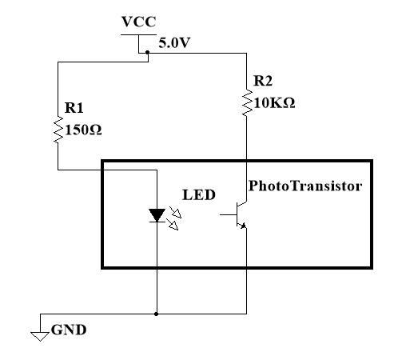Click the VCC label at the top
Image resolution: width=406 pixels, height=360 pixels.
coord(138,22)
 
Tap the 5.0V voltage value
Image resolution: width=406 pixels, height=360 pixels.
coord(174,43)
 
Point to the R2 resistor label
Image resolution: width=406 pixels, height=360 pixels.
coord(263,81)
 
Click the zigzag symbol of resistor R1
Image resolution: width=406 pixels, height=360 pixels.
coord(58,130)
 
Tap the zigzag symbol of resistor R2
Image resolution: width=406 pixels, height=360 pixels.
coord(246,103)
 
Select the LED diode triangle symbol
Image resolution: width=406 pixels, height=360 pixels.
coord(157,214)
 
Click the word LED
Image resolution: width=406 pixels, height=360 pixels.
coord(198,194)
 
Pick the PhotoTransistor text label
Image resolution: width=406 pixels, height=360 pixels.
coord(305,186)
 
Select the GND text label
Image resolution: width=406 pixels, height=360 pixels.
coord(69,330)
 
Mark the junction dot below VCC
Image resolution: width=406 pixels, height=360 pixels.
coord(148,53)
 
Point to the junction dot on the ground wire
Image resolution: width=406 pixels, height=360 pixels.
coord(157,314)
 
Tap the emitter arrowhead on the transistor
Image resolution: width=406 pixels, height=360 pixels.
coord(243,226)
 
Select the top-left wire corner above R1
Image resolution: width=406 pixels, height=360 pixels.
coord(58,63)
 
